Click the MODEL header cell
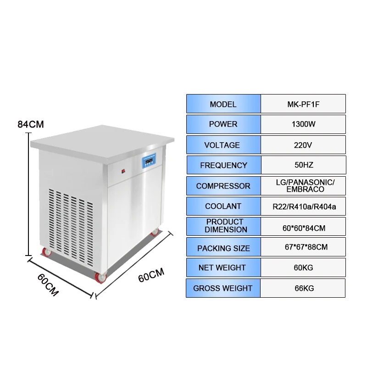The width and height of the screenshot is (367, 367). click(x=223, y=104)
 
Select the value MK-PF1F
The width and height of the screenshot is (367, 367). click(x=303, y=104)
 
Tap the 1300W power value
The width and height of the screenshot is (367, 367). click(x=303, y=124)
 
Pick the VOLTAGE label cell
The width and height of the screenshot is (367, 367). click(x=223, y=145)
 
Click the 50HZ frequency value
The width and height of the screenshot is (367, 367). click(x=303, y=165)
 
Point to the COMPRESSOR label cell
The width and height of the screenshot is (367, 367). click(x=223, y=186)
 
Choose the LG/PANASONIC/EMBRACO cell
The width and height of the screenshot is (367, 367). click(x=303, y=186)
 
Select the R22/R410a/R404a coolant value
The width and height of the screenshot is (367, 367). click(x=303, y=206)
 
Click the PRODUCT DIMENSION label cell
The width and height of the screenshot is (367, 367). click(x=223, y=226)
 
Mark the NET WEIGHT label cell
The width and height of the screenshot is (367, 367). click(x=223, y=267)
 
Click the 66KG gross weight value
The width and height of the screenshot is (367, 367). click(x=303, y=288)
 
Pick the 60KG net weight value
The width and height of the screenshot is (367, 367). click(x=303, y=267)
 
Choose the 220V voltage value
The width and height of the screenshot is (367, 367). click(x=303, y=145)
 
